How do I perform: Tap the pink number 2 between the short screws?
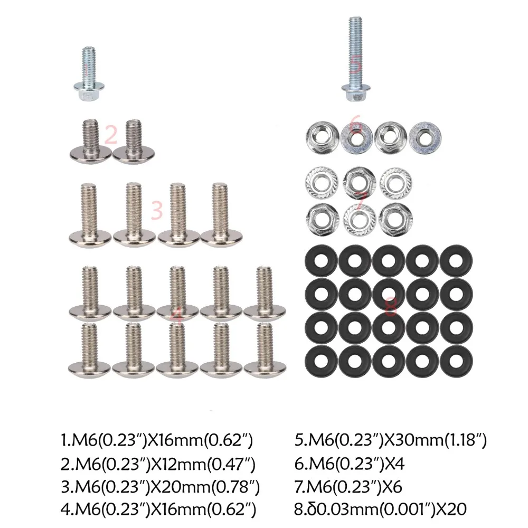click(x=110, y=135)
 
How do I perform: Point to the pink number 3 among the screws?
click(x=156, y=209)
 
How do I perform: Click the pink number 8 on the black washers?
click(x=391, y=307)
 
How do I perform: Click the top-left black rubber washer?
click(x=321, y=259)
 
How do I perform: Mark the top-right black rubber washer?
click(x=457, y=259)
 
